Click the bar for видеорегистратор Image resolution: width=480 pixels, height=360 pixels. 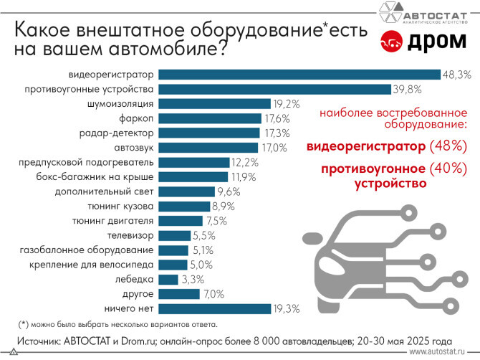[x=299, y=74]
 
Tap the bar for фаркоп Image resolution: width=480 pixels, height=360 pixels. [x=209, y=118]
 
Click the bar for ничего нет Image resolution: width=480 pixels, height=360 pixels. [x=213, y=308]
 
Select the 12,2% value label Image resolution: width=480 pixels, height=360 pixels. [x=244, y=162]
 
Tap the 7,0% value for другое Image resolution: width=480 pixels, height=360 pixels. [x=213, y=294]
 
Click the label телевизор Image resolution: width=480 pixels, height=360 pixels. [x=130, y=235]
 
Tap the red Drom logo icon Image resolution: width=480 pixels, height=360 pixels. [x=390, y=42]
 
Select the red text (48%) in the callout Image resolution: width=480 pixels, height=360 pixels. [x=448, y=146]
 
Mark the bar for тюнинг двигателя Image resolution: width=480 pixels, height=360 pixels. [x=180, y=220]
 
